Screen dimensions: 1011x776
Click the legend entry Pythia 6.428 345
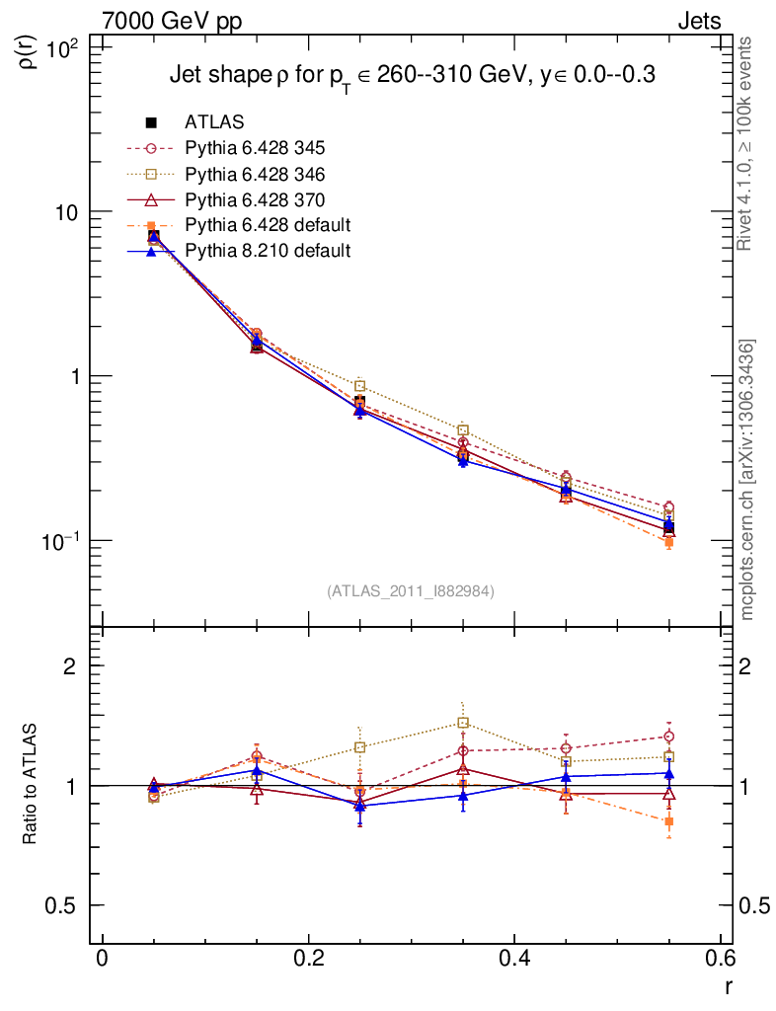pyautogui.click(x=255, y=148)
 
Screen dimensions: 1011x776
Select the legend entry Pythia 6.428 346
pyautogui.click(x=255, y=174)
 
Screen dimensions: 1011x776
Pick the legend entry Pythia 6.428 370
pyautogui.click(x=255, y=199)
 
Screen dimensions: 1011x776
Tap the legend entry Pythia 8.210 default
pyautogui.click(x=267, y=251)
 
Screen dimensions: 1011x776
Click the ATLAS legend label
pyautogui.click(x=214, y=122)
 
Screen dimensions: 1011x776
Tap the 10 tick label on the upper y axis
pyautogui.click(x=70, y=212)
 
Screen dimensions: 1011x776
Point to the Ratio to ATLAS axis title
pyautogui.click(x=32, y=785)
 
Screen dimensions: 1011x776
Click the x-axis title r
pyautogui.click(x=727, y=986)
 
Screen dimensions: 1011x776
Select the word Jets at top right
pyautogui.click(x=698, y=21)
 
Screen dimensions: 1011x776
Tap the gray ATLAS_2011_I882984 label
pyautogui.click(x=411, y=590)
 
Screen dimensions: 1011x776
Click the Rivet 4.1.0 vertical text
pyautogui.click(x=746, y=143)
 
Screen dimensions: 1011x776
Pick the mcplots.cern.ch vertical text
pyautogui.click(x=746, y=479)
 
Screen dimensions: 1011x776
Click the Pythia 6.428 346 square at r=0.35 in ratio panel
pyautogui.click(x=463, y=723)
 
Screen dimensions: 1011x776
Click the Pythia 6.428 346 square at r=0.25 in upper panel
pyautogui.click(x=360, y=386)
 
